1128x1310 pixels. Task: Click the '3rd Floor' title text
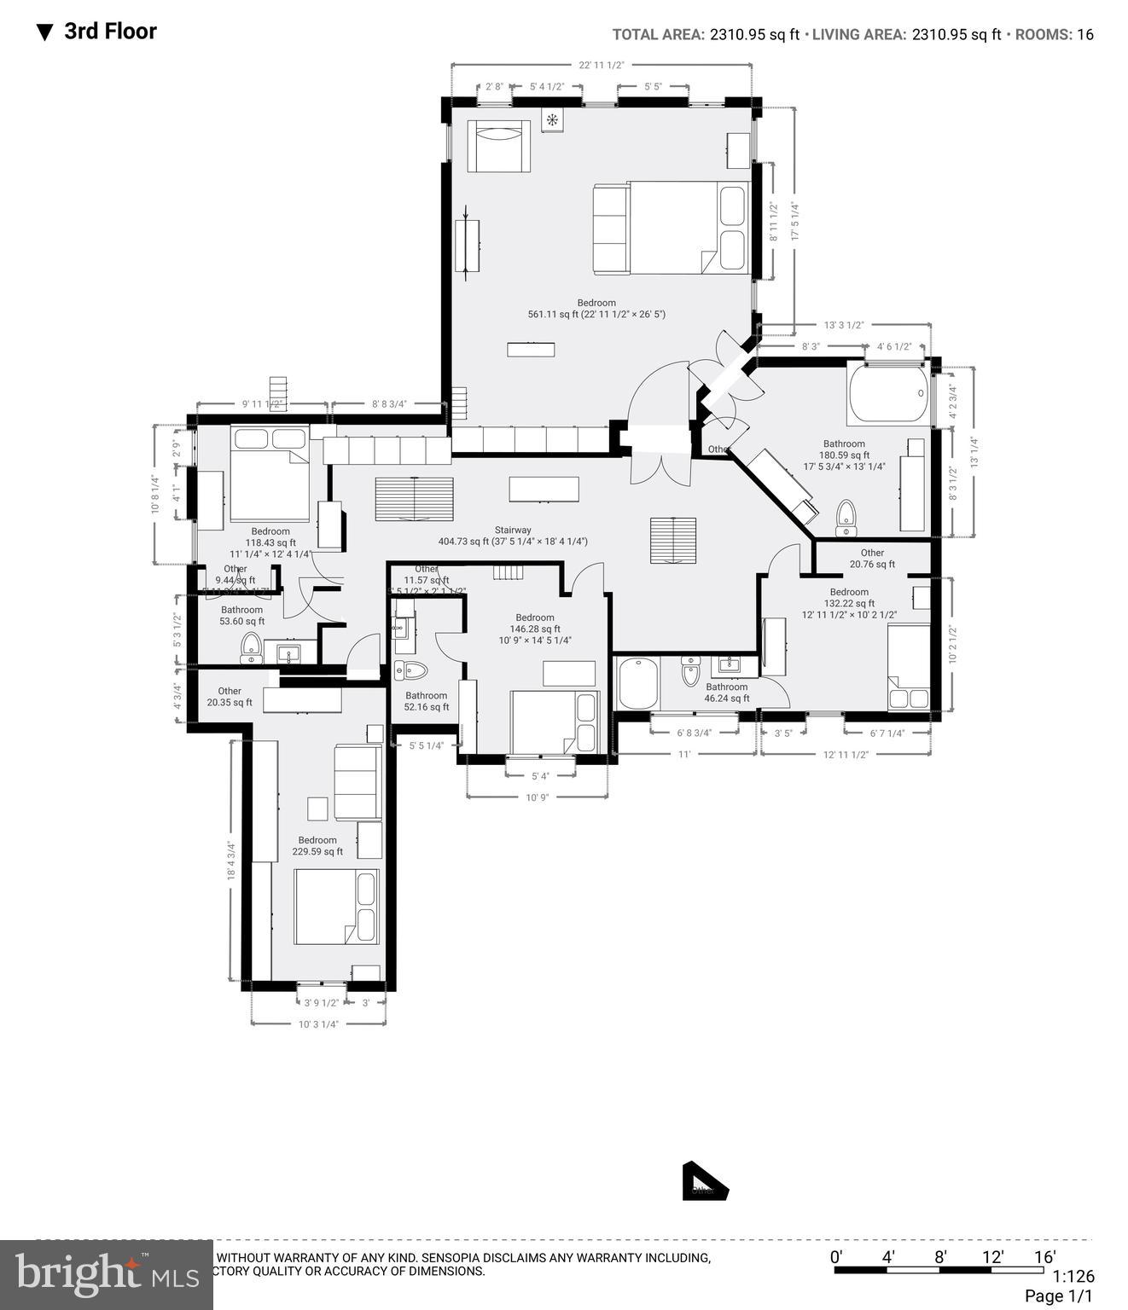(x=110, y=32)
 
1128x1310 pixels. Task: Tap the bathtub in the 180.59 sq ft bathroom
(x=887, y=393)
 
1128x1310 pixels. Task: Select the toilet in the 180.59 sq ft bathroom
(x=846, y=517)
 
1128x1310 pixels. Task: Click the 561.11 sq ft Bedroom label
(x=596, y=309)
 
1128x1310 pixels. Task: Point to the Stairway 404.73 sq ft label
(x=513, y=536)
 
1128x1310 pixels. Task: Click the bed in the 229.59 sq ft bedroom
(x=335, y=907)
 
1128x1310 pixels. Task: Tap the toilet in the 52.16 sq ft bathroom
(x=410, y=670)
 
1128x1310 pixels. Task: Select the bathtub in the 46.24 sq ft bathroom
(x=637, y=683)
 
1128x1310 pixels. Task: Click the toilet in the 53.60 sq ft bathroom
(x=252, y=648)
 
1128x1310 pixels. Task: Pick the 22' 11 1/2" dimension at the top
(x=602, y=65)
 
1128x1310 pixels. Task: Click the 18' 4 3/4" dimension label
(x=230, y=861)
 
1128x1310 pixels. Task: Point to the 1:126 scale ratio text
(x=1073, y=1277)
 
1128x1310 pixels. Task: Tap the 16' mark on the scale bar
(x=1044, y=1256)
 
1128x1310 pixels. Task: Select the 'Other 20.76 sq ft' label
(x=872, y=559)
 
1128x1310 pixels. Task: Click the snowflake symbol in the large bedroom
(x=552, y=119)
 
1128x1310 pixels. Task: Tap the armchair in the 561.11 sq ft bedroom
(x=499, y=146)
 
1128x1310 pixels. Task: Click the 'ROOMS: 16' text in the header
(x=1054, y=35)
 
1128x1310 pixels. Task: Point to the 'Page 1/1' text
(x=1058, y=1296)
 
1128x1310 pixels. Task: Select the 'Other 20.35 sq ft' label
(x=230, y=697)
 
